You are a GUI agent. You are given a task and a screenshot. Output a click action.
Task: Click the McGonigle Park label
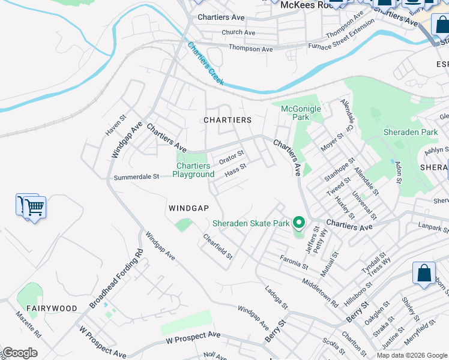(301, 113)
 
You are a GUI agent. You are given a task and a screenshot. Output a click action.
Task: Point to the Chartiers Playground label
(193, 170)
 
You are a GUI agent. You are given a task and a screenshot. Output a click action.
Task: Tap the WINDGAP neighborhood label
(188, 208)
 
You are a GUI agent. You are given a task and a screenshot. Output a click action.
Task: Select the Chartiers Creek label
(205, 64)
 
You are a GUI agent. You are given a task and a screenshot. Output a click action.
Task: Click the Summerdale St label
(136, 177)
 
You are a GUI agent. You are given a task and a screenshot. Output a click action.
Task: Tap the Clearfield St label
(217, 247)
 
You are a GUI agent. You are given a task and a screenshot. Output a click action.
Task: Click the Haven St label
(115, 126)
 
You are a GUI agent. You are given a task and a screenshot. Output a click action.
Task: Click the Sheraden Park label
(411, 132)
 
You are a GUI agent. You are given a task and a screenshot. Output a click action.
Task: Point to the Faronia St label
(294, 262)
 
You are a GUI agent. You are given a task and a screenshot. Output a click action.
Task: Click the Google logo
(20, 353)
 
